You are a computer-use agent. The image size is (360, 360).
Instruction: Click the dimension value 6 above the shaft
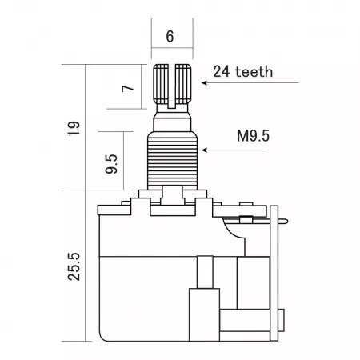tap(170, 36)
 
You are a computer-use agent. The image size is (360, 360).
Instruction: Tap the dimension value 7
tap(128, 88)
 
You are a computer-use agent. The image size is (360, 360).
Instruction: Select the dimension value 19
tap(74, 129)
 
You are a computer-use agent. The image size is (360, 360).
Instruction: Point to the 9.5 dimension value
tap(111, 164)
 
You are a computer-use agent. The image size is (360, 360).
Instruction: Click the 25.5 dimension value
tap(74, 266)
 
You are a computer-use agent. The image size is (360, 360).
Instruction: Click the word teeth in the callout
tap(254, 72)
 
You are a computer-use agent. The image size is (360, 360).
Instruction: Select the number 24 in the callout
tap(222, 72)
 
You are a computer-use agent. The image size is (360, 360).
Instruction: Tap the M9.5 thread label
tap(254, 136)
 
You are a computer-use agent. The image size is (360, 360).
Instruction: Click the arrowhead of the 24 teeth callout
tap(204, 83)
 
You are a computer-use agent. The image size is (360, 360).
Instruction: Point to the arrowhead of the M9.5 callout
tap(204, 150)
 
